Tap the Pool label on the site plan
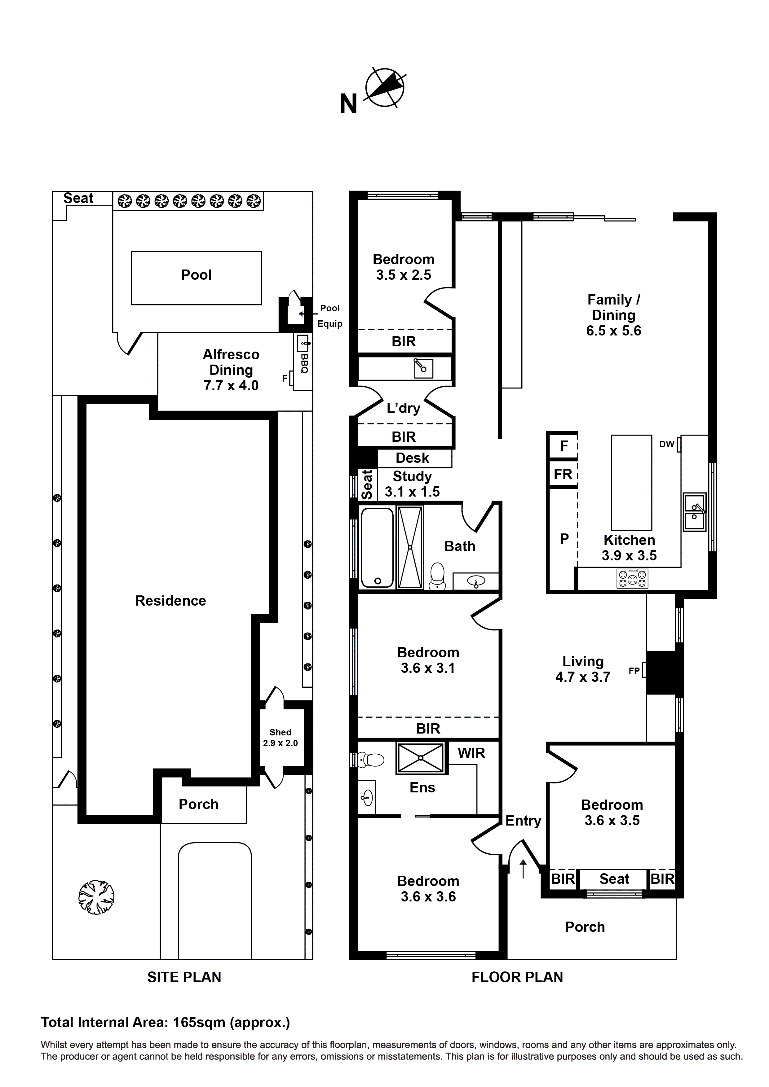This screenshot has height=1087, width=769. coord(196,275)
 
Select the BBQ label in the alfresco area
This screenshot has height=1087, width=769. coord(304,364)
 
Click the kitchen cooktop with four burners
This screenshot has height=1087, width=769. coord(632,579)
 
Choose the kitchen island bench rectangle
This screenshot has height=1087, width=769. coord(631,482)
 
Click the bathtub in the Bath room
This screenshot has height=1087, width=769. coord(377,547)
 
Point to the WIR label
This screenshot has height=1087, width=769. coord(471,753)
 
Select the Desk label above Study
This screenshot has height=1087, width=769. coord(412,458)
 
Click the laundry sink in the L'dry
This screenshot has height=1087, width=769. coord(423,368)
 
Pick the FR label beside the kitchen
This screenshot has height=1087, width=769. coord(563,474)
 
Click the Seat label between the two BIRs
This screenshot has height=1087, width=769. coord(614,879)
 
